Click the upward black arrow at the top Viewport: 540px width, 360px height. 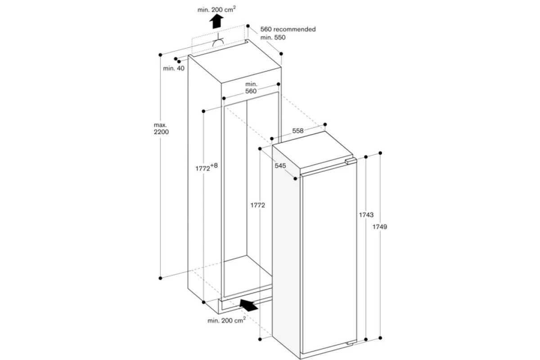(x=216, y=21)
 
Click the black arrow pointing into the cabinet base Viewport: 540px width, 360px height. (x=248, y=305)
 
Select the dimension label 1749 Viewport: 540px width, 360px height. (x=380, y=227)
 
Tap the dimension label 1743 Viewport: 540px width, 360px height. (x=366, y=215)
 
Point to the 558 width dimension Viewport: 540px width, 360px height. (x=298, y=130)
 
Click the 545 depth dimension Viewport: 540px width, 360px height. (x=280, y=166)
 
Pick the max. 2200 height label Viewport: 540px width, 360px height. (x=161, y=129)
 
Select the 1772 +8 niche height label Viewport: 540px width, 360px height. (x=207, y=167)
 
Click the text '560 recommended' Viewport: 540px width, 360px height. (x=288, y=29)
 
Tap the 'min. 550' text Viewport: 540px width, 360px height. (x=273, y=37)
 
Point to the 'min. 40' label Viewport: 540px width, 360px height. (x=174, y=68)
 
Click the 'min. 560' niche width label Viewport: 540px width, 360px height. (x=251, y=88)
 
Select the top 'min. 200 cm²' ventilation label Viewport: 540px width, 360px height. (x=216, y=9)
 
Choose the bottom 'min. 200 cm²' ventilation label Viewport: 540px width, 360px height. (x=227, y=320)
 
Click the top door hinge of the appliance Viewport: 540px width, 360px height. (x=351, y=161)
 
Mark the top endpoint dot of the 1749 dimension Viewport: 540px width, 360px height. (x=380, y=153)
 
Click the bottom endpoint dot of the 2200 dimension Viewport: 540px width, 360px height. (x=160, y=278)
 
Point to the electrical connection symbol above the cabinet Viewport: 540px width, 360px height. (x=218, y=40)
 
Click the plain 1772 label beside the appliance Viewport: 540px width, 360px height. (x=258, y=205)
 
